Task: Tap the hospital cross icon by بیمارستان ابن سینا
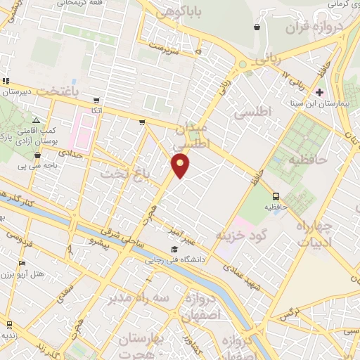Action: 320,91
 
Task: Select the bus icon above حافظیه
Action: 276,197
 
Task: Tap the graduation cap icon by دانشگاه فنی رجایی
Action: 174,249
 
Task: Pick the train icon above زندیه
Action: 9,325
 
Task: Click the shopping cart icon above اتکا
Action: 96,101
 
